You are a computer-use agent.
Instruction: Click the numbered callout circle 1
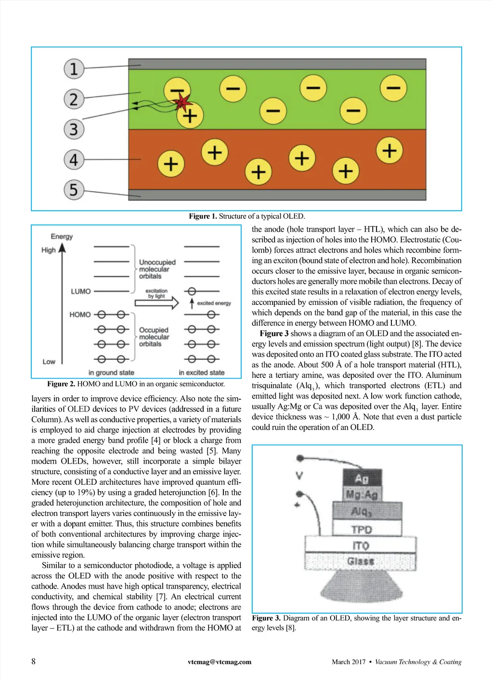[74, 68]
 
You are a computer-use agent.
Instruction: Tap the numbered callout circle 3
[74, 129]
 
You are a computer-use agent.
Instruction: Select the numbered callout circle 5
[74, 189]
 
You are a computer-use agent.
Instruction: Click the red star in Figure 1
[182, 102]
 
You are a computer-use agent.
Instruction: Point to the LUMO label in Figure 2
[80, 291]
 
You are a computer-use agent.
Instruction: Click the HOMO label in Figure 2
[80, 315]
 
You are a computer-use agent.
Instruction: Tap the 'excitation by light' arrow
[156, 302]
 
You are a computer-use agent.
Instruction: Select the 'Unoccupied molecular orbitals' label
[157, 269]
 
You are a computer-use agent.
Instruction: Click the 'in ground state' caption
[111, 373]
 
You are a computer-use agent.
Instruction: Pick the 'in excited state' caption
[201, 373]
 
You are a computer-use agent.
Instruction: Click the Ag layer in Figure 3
[362, 479]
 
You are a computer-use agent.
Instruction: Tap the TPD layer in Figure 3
[362, 529]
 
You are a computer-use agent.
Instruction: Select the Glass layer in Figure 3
[361, 561]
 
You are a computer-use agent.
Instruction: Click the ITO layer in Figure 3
[361, 545]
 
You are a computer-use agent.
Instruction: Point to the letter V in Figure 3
[299, 476]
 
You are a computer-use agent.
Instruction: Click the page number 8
[33, 661]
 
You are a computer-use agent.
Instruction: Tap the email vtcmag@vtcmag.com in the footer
[220, 662]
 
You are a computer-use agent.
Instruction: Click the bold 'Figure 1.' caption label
[203, 216]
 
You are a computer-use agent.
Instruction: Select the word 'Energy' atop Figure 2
[62, 237]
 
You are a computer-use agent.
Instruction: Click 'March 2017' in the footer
[349, 662]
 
